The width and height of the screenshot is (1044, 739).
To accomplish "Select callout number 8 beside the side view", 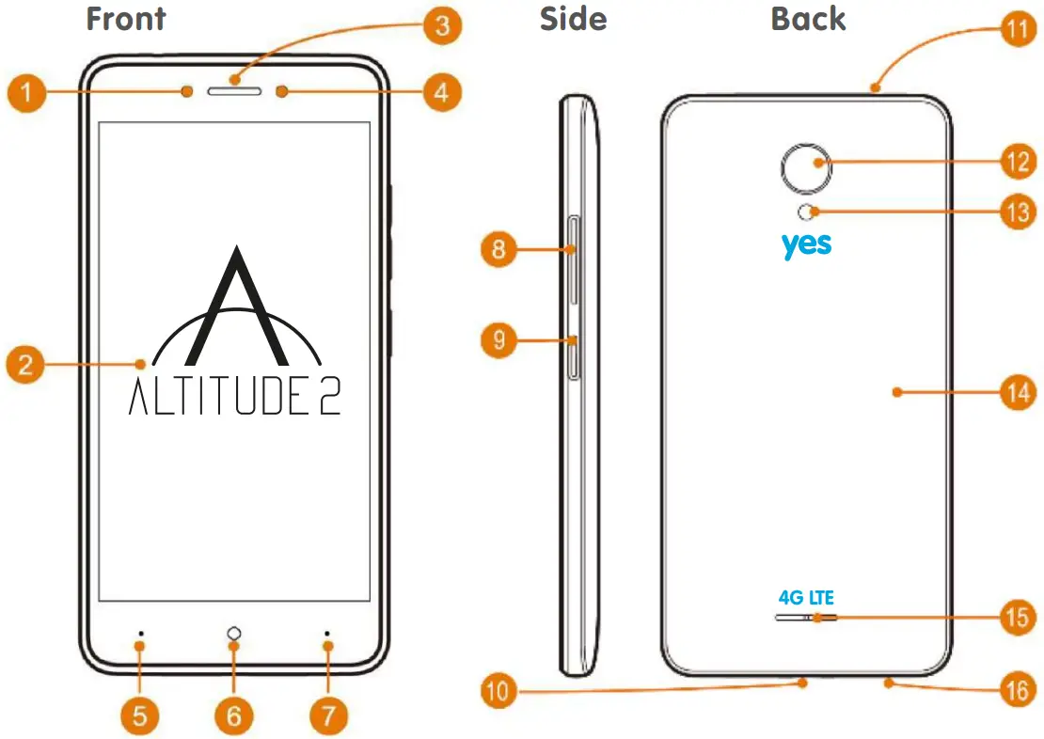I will point(498,249).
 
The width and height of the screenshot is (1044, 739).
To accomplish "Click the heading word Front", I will point(126,20).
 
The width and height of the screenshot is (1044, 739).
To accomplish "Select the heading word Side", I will point(573,20).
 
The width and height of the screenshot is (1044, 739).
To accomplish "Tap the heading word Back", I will point(808,20).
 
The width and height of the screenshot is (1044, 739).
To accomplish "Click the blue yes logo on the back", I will point(806,244).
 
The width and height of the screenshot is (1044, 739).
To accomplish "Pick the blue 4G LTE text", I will point(806,597).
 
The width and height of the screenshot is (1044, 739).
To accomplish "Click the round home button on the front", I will point(233,634).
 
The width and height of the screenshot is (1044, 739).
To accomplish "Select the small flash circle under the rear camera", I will point(806,212).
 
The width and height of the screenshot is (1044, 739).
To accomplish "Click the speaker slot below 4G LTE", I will point(806,618).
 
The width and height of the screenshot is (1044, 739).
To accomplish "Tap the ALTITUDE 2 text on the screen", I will point(234,398).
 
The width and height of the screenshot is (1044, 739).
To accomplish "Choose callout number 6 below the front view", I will point(233,716).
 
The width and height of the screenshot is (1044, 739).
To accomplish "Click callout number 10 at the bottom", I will point(498,694).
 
